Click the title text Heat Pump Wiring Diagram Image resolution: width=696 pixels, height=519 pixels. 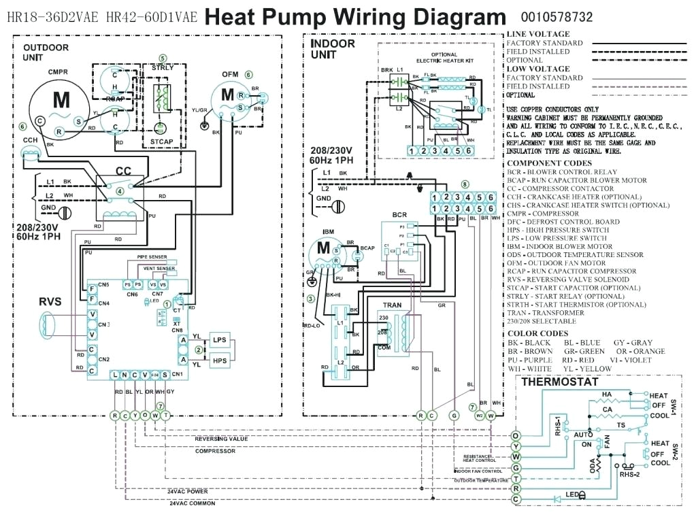355,17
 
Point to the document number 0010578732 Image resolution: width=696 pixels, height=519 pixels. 557,17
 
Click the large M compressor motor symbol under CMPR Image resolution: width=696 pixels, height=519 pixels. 61,101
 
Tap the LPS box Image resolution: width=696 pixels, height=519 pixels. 219,340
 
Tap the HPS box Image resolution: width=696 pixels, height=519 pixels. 219,361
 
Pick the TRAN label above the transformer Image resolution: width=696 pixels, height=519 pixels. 392,305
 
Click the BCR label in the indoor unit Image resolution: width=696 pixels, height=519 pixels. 399,215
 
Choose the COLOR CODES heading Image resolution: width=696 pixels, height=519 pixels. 537,333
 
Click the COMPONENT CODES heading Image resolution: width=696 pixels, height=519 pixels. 548,163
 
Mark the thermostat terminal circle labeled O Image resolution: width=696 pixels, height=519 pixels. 516,435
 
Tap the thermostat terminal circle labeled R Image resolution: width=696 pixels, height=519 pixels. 516,488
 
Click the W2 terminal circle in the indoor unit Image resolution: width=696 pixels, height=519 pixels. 479,416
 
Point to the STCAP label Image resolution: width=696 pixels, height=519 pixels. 162,141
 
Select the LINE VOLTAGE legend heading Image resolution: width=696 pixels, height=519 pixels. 538,34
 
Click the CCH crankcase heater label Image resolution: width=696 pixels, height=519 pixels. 31,139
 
